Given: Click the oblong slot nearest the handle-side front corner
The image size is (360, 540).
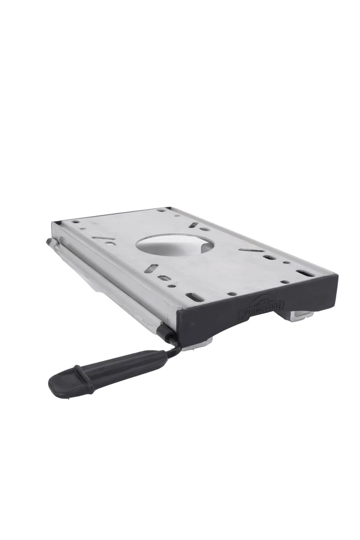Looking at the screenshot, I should click(195, 296).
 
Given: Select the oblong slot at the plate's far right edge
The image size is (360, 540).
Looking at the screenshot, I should click(305, 273).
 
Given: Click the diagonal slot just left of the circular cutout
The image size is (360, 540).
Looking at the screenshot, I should click(103, 238).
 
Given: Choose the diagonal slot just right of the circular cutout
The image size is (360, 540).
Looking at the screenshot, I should click(252, 250).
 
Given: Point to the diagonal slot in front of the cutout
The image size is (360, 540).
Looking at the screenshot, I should click(153, 267).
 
